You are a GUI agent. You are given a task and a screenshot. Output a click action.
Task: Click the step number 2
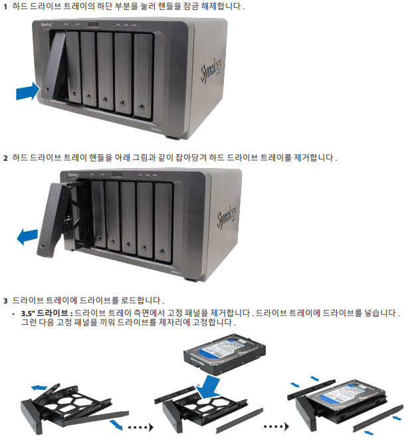pos(6,158)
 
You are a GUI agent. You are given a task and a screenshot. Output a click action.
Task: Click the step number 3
pos(6,300)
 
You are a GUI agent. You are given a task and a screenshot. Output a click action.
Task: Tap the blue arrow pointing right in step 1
pos(27,91)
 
